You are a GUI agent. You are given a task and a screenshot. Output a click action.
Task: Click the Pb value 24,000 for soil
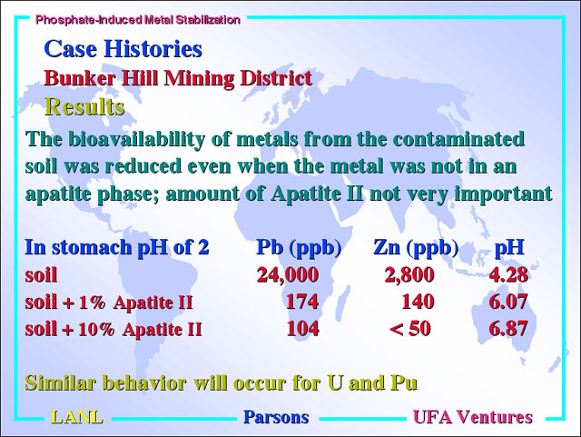coord(288,275)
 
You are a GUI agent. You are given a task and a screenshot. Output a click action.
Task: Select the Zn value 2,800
coord(409,275)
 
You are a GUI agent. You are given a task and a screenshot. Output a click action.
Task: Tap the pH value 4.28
coord(508,275)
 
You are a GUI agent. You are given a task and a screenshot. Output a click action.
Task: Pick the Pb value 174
coord(302,302)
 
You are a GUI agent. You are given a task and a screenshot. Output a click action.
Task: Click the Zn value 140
coord(418,302)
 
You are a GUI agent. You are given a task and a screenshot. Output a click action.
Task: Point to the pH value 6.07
coord(508,302)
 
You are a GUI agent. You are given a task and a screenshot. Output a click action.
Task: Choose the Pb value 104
coord(302,329)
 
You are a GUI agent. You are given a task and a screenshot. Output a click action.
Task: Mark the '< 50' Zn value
coord(410,329)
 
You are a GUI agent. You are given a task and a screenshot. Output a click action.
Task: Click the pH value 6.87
coord(508,329)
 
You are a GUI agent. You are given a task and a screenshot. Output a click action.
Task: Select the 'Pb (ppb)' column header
coord(299,248)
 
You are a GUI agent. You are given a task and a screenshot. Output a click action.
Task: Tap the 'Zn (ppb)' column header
coord(416,248)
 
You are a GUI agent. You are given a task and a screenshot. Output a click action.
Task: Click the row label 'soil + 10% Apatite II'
coord(113,329)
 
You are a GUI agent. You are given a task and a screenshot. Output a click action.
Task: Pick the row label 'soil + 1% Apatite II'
coord(109,302)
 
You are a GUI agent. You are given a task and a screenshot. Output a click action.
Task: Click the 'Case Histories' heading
coord(123,48)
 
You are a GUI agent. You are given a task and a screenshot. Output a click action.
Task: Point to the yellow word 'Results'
coord(84,107)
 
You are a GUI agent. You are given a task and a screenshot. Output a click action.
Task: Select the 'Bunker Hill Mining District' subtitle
coord(178,78)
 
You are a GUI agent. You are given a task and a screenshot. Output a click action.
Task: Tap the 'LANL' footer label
coord(76,417)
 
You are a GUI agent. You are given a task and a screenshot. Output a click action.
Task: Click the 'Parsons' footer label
coord(276,417)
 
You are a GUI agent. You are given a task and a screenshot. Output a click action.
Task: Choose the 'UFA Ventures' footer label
coord(473,417)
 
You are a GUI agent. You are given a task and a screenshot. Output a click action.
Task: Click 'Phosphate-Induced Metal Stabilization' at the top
coord(137,20)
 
